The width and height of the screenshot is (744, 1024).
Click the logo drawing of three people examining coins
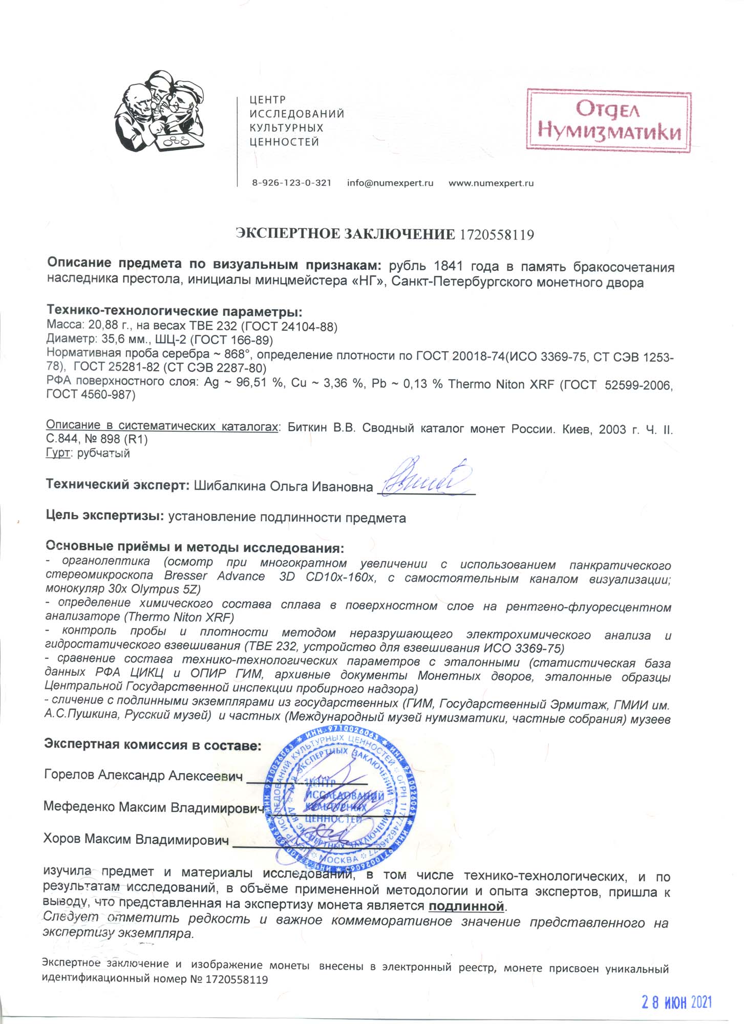pyautogui.click(x=159, y=113)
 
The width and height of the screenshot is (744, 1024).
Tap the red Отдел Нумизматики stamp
pyautogui.click(x=609, y=121)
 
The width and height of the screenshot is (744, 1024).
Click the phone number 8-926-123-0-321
pyautogui.click(x=291, y=183)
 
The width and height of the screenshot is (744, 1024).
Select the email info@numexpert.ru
pyautogui.click(x=390, y=183)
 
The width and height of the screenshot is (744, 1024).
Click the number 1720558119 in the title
pyautogui.click(x=497, y=235)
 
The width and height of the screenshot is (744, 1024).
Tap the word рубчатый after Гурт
pyautogui.click(x=103, y=454)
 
